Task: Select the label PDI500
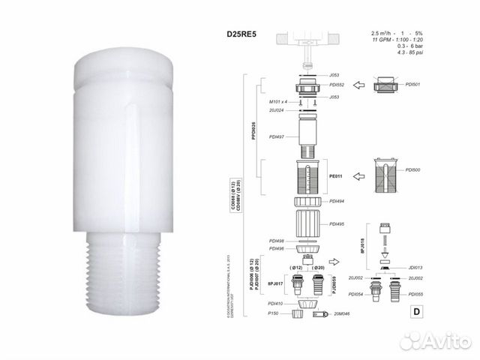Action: tap(434, 169)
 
